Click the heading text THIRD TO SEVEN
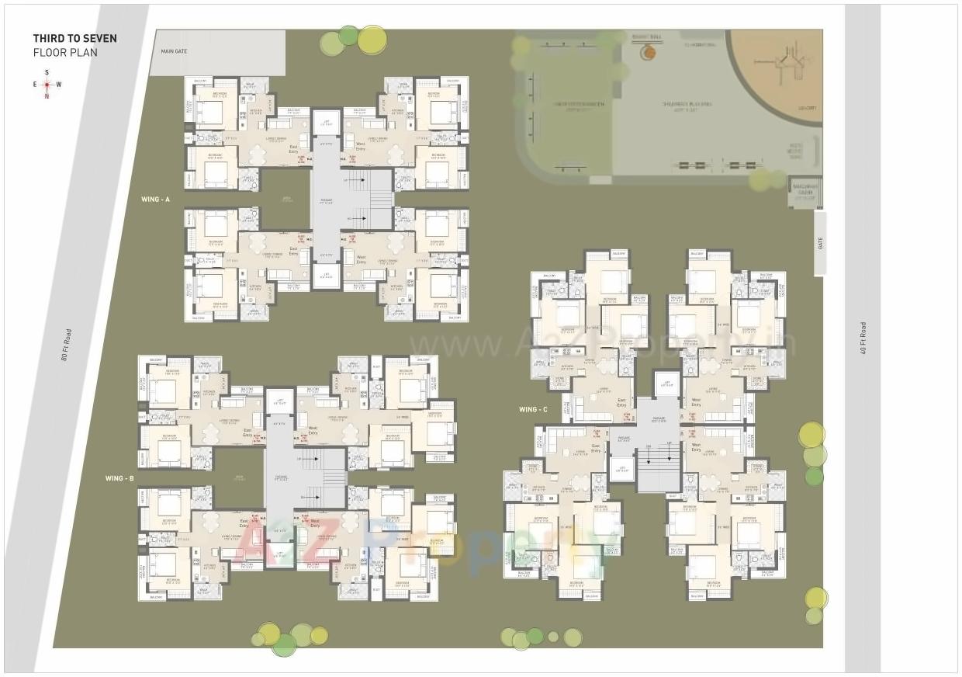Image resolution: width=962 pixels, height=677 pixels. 74,38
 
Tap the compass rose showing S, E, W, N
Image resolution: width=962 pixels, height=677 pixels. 47,85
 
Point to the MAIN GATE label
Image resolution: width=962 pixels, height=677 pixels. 175,51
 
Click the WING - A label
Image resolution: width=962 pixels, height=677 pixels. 155,200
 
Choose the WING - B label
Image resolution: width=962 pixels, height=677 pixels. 120,478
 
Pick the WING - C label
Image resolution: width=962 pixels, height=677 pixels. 534,409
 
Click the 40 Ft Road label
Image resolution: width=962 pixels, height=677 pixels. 863,338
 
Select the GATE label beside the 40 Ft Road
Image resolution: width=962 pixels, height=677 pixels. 820,243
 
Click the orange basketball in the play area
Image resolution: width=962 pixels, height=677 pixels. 649,53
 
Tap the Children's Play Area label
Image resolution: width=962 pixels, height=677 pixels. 687,103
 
